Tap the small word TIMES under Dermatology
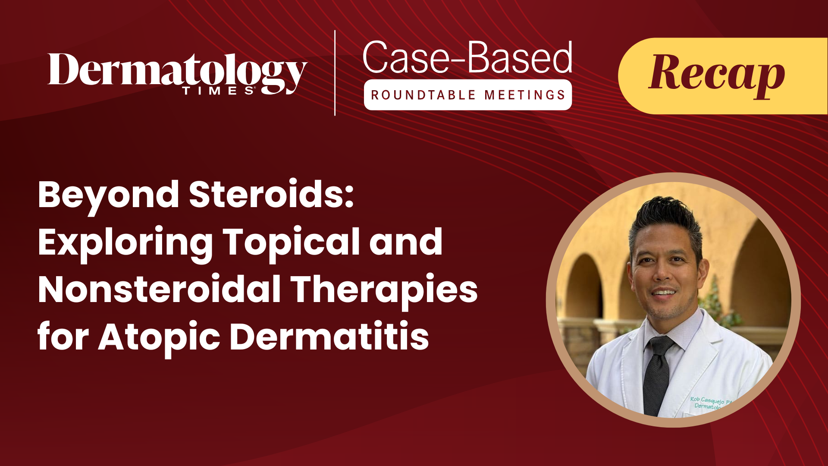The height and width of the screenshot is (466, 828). coord(218,91)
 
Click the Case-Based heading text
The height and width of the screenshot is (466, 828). coord(467,58)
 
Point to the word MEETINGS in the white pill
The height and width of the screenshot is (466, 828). coord(524,95)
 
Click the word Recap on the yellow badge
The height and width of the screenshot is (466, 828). coord(716,73)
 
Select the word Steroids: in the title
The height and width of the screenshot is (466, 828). coord(271,195)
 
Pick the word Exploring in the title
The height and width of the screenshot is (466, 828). coord(125,242)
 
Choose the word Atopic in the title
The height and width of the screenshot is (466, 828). coord(159,337)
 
